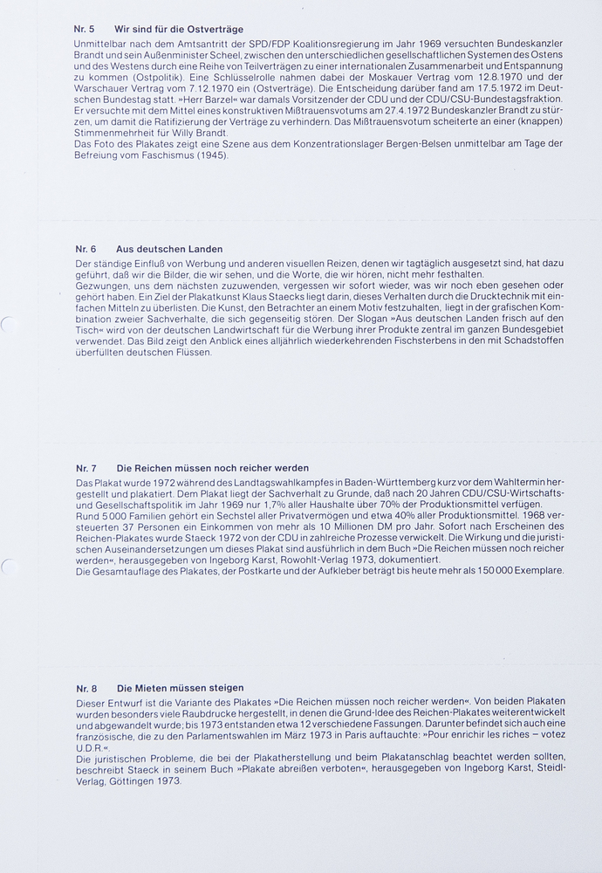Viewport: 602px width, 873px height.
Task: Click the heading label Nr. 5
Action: tap(85, 29)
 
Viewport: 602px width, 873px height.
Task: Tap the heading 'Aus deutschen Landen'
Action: tap(168, 249)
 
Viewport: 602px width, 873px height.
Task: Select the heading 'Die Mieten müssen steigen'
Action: tap(181, 688)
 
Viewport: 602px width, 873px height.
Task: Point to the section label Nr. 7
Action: tap(86, 468)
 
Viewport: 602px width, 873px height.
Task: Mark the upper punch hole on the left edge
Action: tap(6, 325)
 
